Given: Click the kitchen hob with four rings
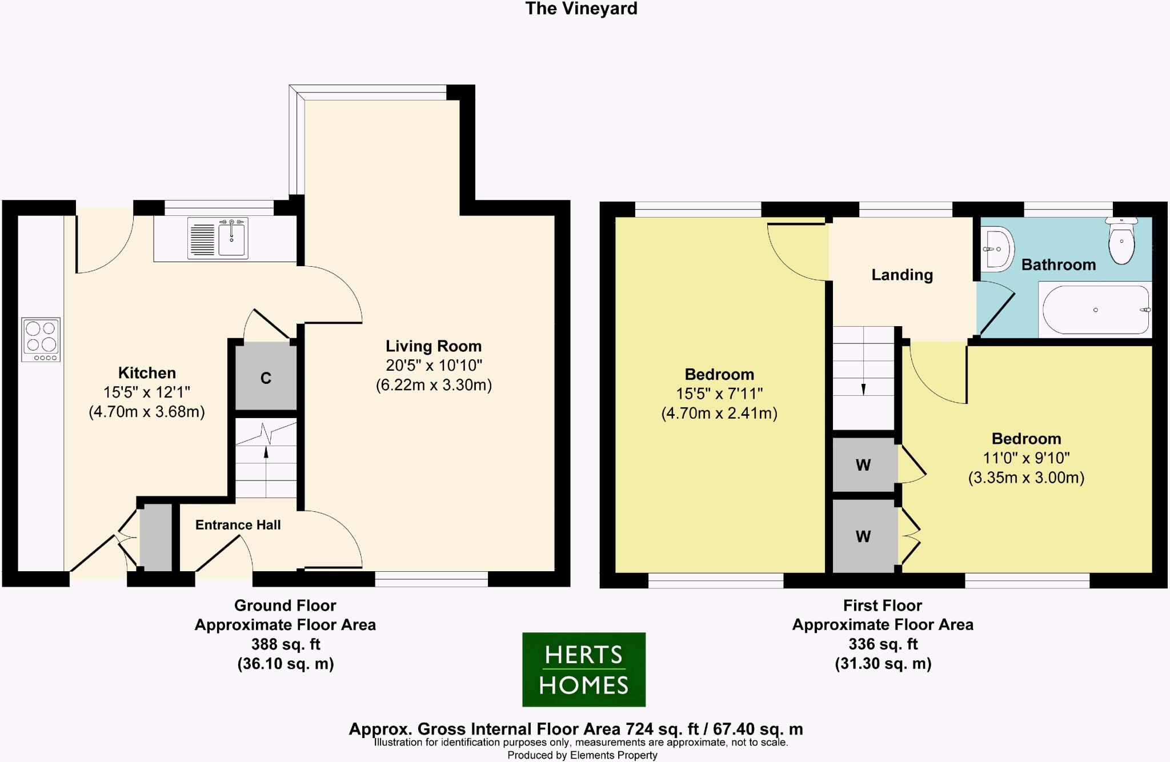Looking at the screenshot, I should pos(41,339).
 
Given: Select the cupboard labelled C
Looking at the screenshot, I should pos(266,378).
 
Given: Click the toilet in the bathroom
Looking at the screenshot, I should pos(1121,242).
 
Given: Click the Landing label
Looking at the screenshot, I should pos(902,275).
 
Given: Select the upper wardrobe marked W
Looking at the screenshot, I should pos(863,465).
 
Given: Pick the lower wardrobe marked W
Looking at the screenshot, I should pos(863,536).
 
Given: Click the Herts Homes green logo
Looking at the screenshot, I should pos(584,669).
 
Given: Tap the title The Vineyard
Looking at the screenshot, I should pos(581,9).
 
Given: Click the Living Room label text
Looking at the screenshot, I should pos(434,346).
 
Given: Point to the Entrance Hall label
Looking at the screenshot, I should pos(238,525).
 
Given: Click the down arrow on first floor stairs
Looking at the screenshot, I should pos(863,389).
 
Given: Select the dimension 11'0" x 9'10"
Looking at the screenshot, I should pos(1026,458).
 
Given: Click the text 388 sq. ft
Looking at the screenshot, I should pos(286,644).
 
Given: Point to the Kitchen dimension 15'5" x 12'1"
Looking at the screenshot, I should pos(147,392).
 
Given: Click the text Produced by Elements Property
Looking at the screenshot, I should pos(582,755).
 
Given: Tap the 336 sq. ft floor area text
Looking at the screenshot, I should pos(883,644).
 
